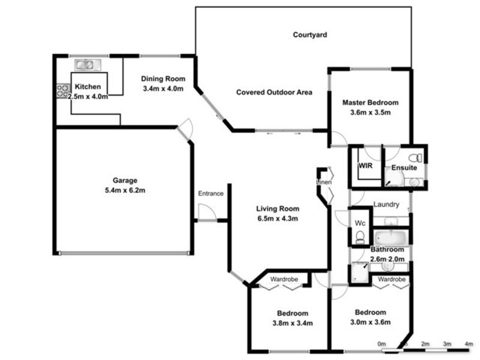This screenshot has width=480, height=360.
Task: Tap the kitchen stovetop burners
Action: [x=63, y=91]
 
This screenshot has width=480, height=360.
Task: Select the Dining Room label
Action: [x=163, y=79]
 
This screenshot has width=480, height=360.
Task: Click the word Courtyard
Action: [x=310, y=35]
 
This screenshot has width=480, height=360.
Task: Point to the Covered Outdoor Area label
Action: [x=274, y=92]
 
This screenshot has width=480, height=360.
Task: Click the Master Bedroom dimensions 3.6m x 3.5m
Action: [x=370, y=112]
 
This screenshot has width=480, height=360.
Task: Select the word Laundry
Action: [x=386, y=205]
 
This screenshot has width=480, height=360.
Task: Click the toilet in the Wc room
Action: [x=360, y=238]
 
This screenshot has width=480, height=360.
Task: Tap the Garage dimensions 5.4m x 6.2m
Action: [x=125, y=190]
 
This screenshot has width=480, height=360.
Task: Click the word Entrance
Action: [x=211, y=193]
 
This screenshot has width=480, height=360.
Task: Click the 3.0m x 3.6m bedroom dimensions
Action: [x=370, y=322]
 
